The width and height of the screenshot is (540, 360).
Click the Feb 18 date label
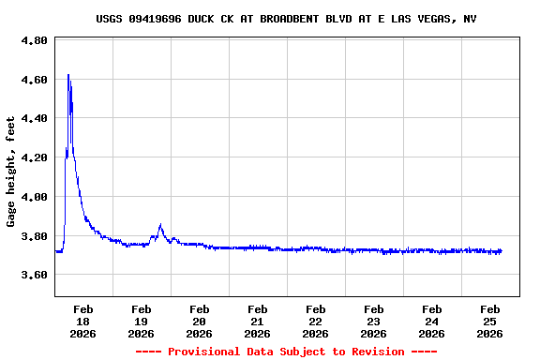82,321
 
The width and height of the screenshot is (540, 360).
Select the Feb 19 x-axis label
141,321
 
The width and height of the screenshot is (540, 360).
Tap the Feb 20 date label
199,321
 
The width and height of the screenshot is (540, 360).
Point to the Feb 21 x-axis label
257,321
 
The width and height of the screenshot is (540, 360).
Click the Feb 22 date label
315,321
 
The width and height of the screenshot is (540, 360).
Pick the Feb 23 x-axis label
373,321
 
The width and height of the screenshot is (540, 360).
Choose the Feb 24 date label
431,321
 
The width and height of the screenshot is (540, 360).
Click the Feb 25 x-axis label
489,321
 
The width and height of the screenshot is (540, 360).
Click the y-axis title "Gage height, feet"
11,172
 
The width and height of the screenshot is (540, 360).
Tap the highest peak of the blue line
68,75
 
